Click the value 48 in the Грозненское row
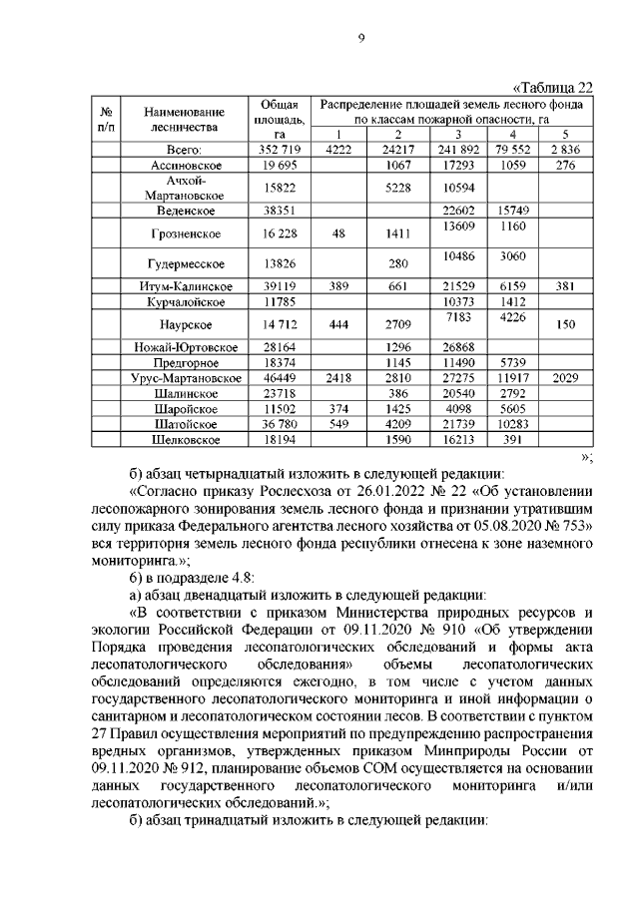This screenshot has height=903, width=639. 337,234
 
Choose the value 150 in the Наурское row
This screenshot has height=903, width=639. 564,324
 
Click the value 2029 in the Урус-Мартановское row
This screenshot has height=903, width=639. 564,379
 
